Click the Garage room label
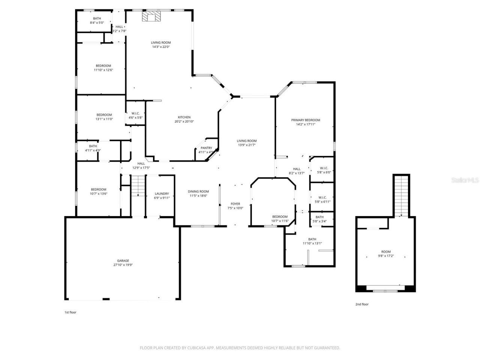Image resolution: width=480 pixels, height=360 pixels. pyautogui.click(x=123, y=261)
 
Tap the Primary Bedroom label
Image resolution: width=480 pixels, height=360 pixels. pyautogui.click(x=306, y=120)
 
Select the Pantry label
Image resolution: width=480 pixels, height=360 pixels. pyautogui.click(x=206, y=148)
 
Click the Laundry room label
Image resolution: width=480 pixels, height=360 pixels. pyautogui.click(x=162, y=193)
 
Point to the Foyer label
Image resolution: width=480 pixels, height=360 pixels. pyautogui.click(x=235, y=204)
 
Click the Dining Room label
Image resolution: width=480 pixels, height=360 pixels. pyautogui.click(x=198, y=191)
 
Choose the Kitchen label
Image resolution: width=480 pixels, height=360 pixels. pyautogui.click(x=184, y=117)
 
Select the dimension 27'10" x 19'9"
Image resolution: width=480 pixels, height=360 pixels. pyautogui.click(x=123, y=265)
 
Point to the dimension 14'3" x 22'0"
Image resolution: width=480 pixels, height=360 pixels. pyautogui.click(x=161, y=47)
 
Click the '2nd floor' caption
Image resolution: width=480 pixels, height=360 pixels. pyautogui.click(x=362, y=304)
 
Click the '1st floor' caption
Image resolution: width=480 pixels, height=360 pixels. pyautogui.click(x=70, y=312)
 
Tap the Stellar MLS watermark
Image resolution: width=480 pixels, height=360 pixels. pyautogui.click(x=465, y=180)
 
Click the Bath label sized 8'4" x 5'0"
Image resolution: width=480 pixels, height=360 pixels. pyautogui.click(x=97, y=18)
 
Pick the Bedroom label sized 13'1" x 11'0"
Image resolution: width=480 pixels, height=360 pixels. pyautogui.click(x=104, y=115)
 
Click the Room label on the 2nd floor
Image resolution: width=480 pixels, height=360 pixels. pyautogui.click(x=386, y=252)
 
